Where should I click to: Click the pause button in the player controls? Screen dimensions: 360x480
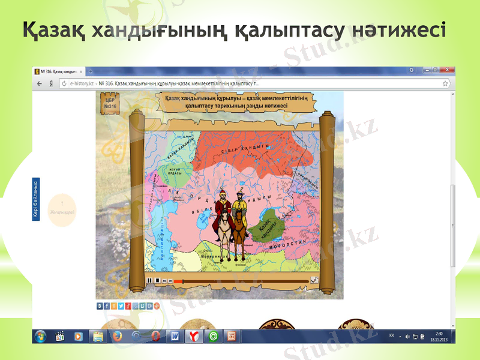pyautogui.click(x=149, y=280)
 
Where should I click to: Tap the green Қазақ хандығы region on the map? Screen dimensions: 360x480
pyautogui.click(x=267, y=224)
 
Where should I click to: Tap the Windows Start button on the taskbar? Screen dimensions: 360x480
pyautogui.click(x=41, y=336)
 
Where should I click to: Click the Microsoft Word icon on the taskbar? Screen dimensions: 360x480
pyautogui.click(x=174, y=336)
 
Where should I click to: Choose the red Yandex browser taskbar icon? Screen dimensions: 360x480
pyautogui.click(x=193, y=336)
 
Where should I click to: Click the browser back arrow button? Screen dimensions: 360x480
pyautogui.click(x=40, y=84)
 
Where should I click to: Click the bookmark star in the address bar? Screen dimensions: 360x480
pyautogui.click(x=445, y=84)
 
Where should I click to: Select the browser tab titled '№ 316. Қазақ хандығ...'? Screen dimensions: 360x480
pyautogui.click(x=59, y=71)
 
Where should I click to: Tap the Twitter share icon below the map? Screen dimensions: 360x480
pyautogui.click(x=121, y=306)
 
